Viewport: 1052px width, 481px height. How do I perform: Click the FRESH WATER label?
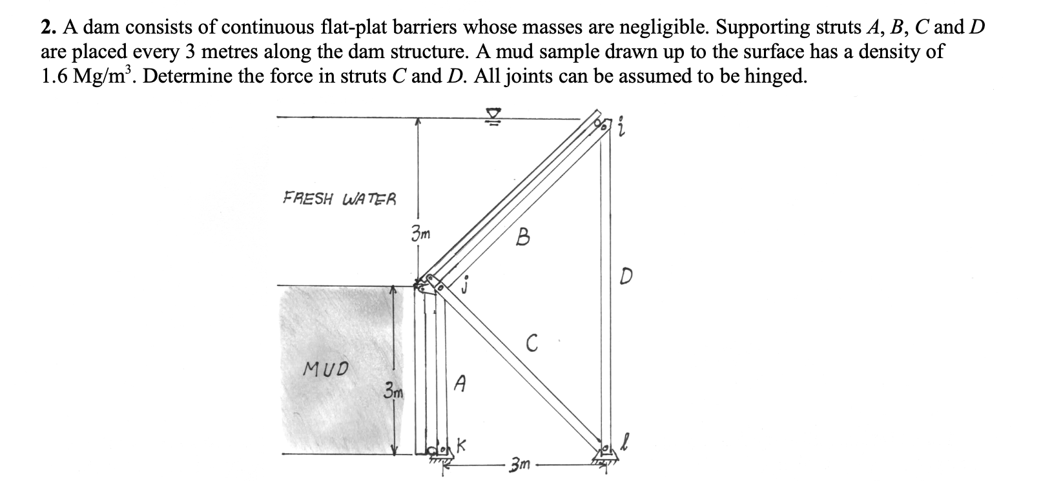tap(340, 198)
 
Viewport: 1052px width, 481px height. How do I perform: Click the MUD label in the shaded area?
tap(325, 369)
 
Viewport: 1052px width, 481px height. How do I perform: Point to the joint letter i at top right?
tap(621, 128)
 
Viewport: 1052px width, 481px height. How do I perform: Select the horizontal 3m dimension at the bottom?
tap(520, 464)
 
